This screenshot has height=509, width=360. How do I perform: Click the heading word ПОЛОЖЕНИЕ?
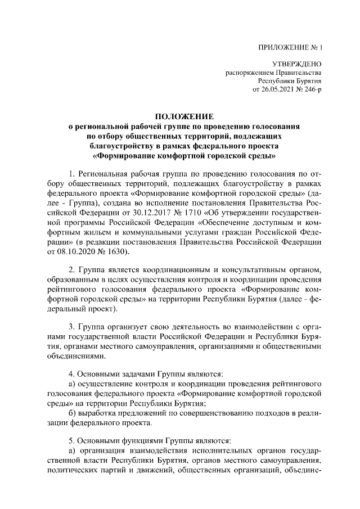click(x=185, y=117)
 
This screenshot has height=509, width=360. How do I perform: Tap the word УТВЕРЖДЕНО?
click(x=296, y=64)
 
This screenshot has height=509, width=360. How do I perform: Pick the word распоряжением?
click(x=250, y=73)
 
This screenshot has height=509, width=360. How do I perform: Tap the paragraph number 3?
click(x=71, y=327)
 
